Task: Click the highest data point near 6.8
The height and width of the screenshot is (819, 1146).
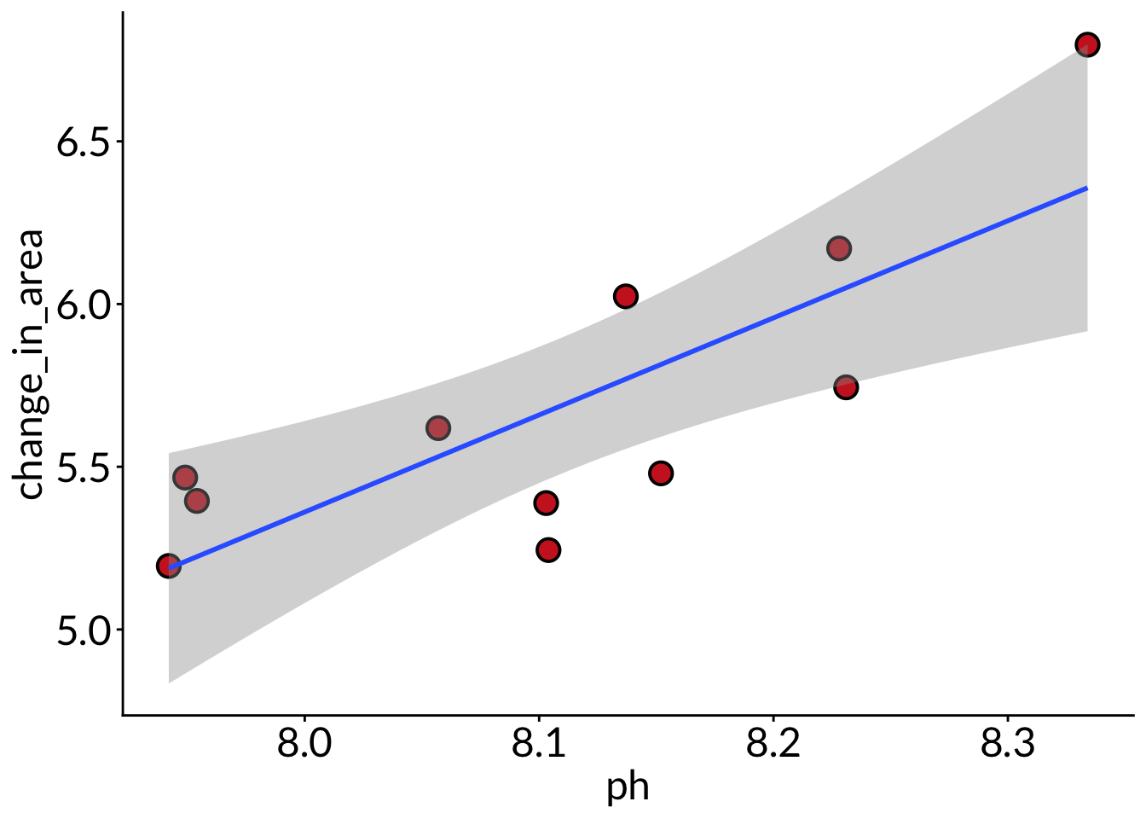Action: (x=1087, y=44)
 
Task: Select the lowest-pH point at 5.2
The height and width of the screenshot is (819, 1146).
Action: (x=169, y=566)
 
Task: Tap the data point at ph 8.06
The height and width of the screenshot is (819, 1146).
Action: (x=437, y=427)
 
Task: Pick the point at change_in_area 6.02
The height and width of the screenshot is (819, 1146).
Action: (x=626, y=296)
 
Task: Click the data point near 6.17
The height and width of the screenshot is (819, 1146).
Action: (x=839, y=248)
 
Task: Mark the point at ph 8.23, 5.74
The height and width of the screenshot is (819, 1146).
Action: (x=845, y=387)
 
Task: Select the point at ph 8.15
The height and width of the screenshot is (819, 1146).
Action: (x=661, y=473)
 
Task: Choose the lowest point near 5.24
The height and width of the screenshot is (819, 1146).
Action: (x=548, y=549)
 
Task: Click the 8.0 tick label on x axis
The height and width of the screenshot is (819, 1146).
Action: (x=304, y=745)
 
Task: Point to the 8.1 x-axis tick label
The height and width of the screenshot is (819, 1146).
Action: (x=539, y=745)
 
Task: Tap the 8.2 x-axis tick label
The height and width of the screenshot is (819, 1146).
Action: (x=773, y=745)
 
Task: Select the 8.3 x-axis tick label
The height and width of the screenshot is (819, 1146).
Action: (x=1007, y=745)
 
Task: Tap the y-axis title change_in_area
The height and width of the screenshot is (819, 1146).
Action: (x=31, y=365)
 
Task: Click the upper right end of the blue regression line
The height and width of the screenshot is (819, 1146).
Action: (x=1086, y=188)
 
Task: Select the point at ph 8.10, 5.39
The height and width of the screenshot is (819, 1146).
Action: (x=546, y=502)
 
